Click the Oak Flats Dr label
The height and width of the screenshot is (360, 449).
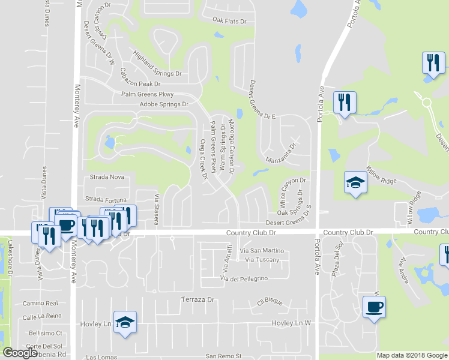pos(230,22)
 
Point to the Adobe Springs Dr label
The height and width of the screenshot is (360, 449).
pos(164,104)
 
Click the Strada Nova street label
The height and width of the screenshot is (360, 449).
pos(107,177)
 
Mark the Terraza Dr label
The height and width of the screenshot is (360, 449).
pos(197,299)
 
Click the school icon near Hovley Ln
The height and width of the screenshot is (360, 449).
pos(125,322)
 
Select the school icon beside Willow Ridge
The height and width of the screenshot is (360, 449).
pos(355,183)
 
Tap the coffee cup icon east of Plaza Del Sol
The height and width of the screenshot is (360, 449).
pos(374,307)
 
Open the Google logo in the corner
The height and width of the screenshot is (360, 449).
pos(20,353)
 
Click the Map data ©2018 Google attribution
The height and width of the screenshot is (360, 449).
pos(412,355)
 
